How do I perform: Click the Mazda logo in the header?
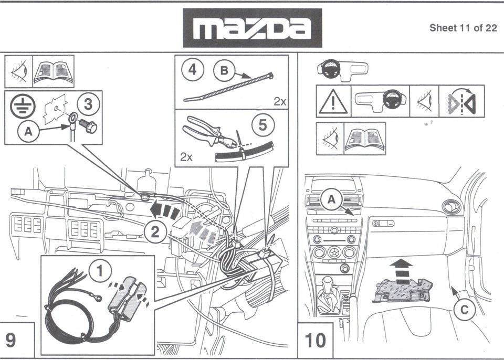[252, 28]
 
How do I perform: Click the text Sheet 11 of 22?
[463, 28]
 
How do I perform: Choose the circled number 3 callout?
[88, 104]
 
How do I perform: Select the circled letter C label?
[464, 310]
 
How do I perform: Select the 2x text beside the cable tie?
[279, 102]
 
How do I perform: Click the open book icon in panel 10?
[365, 139]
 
